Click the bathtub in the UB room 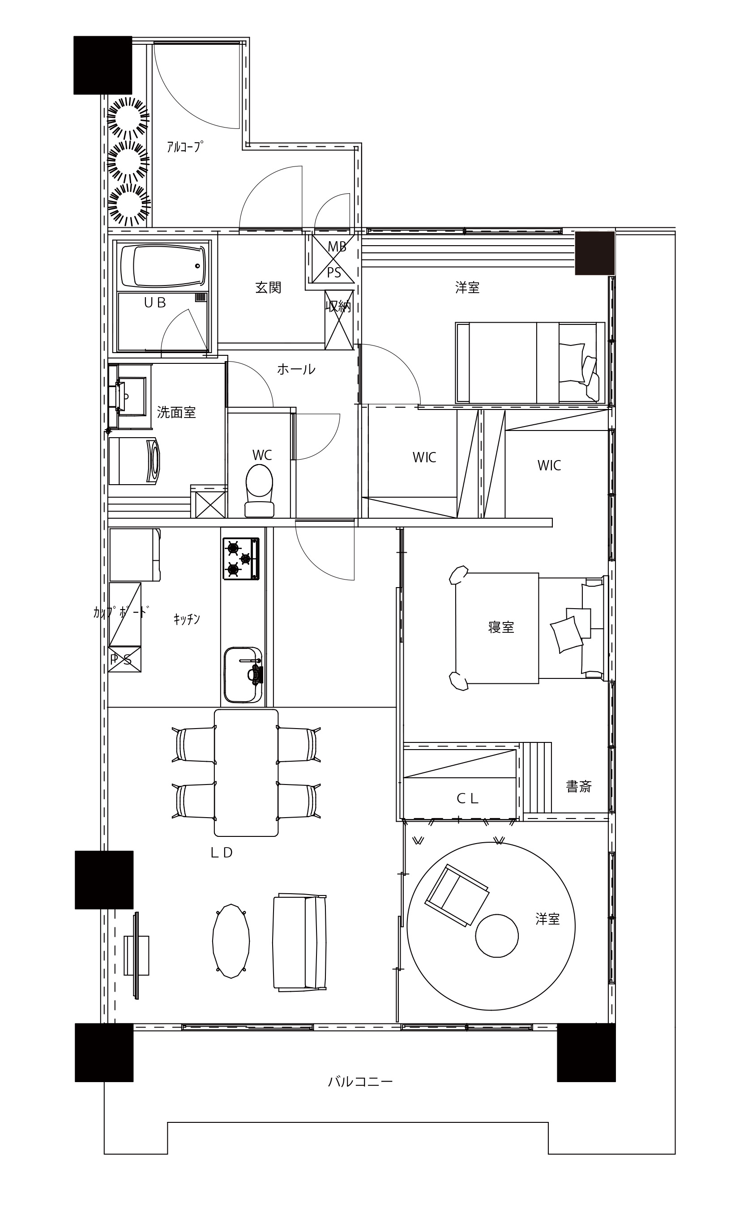(162, 266)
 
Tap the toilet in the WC (259, 490)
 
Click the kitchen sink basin (243, 674)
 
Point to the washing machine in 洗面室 (134, 461)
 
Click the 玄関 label (268, 287)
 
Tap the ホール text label (296, 369)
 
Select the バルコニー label (360, 1081)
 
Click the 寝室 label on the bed (501, 627)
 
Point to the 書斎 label (579, 786)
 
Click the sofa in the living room (300, 941)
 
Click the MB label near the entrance (337, 247)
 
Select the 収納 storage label (338, 306)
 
